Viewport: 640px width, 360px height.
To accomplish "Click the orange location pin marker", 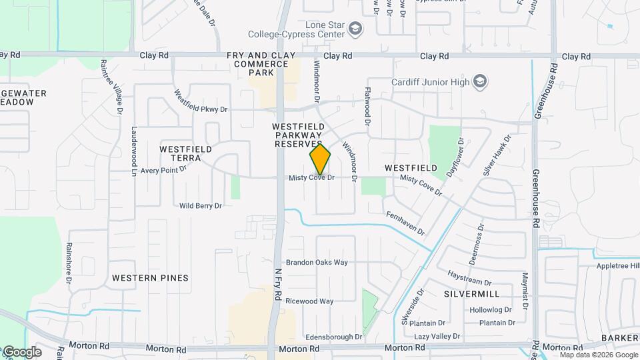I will (x=320, y=159).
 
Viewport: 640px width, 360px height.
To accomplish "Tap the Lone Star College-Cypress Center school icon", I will (x=355, y=29).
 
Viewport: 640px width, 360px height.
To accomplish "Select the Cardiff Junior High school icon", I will (x=479, y=82).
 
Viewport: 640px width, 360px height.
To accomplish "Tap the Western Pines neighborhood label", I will (x=150, y=277).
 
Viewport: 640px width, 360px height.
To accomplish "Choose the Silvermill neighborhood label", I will (x=472, y=293).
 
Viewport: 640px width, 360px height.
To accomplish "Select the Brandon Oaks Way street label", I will (x=317, y=262).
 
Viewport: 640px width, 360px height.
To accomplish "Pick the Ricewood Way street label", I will (x=309, y=301).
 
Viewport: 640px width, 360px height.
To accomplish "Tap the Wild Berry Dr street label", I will (x=200, y=206).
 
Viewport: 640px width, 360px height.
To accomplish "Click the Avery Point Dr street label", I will (x=163, y=170).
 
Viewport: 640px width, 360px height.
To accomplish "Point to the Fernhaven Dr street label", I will (x=405, y=223).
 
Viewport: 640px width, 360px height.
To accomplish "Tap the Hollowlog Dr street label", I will (x=490, y=310).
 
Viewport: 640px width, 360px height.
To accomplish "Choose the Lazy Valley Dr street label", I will (x=441, y=337).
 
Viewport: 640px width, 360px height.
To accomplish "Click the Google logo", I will (x=21, y=351).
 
